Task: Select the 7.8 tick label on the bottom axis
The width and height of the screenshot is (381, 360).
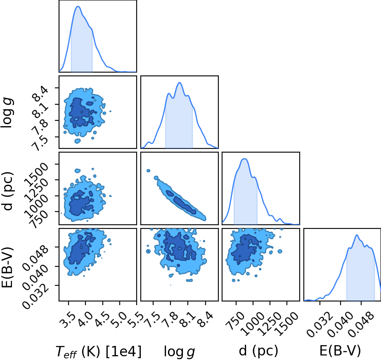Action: point(170,320)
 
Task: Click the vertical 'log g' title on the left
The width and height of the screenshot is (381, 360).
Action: point(7,113)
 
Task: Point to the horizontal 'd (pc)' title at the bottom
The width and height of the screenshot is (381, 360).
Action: point(258,351)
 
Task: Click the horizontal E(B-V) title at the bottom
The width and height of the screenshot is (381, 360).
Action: point(340,351)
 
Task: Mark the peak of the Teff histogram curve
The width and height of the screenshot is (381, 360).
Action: point(78,6)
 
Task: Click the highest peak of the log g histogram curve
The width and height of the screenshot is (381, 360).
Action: point(180,82)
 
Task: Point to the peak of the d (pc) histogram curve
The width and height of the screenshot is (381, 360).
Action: point(244,159)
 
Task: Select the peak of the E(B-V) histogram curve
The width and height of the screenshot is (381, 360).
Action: point(357,235)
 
